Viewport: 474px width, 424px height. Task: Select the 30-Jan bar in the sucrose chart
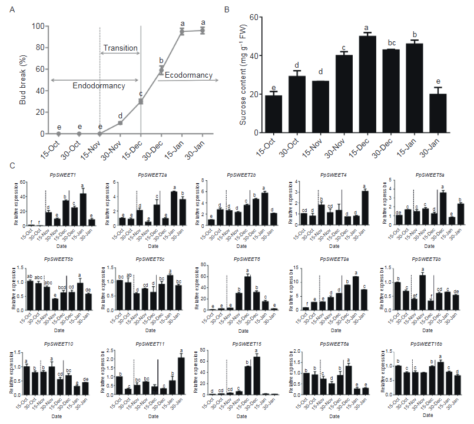438,115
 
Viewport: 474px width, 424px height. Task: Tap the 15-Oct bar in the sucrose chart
273,115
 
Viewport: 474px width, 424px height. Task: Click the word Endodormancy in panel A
99,86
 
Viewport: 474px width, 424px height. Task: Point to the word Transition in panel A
120,48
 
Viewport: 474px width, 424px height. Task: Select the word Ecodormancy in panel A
189,75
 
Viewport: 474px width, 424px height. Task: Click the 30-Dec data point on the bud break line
161,69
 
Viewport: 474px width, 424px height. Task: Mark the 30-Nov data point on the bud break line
120,122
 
